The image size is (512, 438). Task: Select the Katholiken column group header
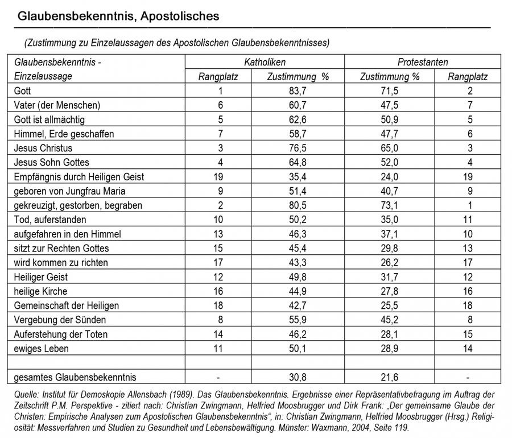(265, 62)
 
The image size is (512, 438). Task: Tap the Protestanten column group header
(422, 62)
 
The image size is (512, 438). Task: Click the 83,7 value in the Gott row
(298, 91)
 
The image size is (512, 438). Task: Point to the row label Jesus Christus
(43, 148)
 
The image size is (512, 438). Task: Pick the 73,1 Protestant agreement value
(390, 205)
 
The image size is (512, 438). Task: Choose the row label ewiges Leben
(42, 348)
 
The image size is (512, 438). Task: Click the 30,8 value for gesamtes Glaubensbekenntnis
(298, 377)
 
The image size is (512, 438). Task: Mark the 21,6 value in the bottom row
(390, 377)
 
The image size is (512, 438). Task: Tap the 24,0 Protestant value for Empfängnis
(390, 177)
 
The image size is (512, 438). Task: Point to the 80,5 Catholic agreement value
(298, 205)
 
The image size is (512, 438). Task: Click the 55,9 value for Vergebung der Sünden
(298, 320)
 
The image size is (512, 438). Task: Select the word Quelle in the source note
(25, 394)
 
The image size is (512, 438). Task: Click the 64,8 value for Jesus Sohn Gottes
(298, 163)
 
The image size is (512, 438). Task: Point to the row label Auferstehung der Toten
(60, 334)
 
